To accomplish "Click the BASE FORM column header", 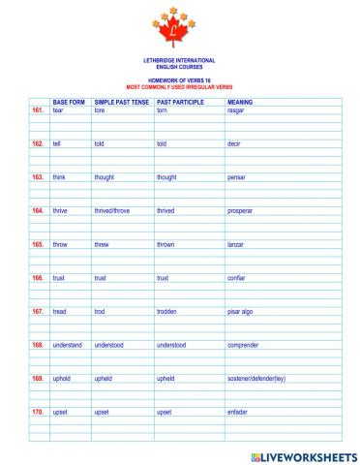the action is (x=69, y=102).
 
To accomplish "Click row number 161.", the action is (x=38, y=110).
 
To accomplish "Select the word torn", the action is (x=162, y=110).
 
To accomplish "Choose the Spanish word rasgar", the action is (x=235, y=110).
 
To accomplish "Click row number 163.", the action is (x=38, y=177).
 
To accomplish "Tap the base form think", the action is (x=59, y=177).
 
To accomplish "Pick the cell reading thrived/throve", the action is (x=112, y=210).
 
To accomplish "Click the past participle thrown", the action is (x=165, y=244).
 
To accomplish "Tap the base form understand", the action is (x=68, y=345).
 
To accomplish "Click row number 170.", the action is (x=38, y=412).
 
